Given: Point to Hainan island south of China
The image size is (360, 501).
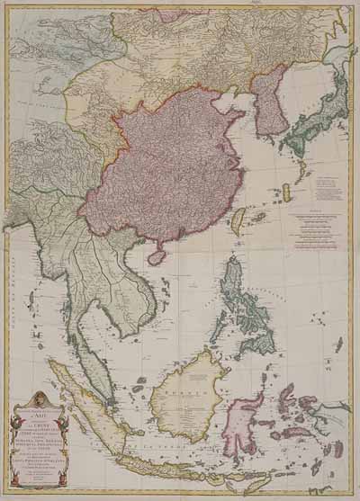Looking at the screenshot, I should (156, 257).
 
